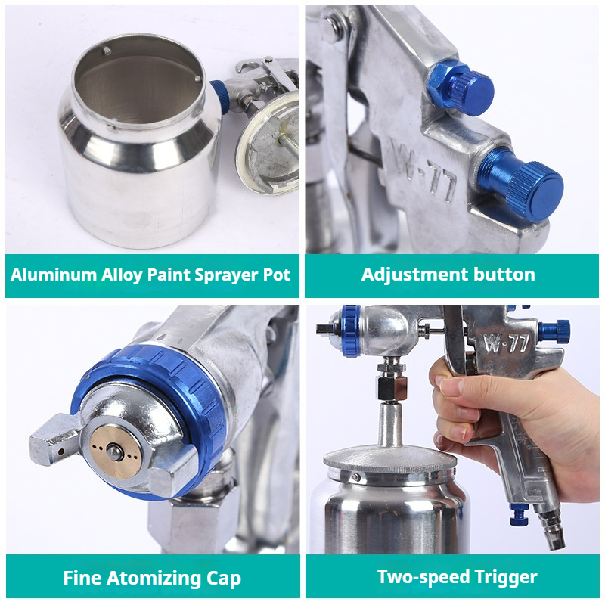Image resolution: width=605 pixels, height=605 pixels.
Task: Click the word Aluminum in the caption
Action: pyautogui.click(x=54, y=275)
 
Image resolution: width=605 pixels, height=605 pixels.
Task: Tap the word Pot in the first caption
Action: pyautogui.click(x=276, y=275)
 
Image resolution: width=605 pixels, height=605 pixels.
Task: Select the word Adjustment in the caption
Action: pyautogui.click(x=414, y=275)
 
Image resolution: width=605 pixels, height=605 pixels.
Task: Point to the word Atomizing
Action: pyautogui.click(x=154, y=578)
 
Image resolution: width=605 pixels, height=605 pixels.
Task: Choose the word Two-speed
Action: pyautogui.click(x=423, y=578)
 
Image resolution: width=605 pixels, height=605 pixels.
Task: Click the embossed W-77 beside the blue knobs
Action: pyautogui.click(x=423, y=171)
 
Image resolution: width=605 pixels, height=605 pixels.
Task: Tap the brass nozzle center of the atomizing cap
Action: pyautogui.click(x=115, y=451)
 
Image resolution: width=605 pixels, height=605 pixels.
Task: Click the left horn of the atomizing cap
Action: pyautogui.click(x=53, y=439)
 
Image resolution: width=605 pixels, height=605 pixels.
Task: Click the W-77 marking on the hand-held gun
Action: pyautogui.click(x=506, y=342)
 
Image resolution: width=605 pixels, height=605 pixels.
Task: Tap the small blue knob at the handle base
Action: pyautogui.click(x=520, y=515)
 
